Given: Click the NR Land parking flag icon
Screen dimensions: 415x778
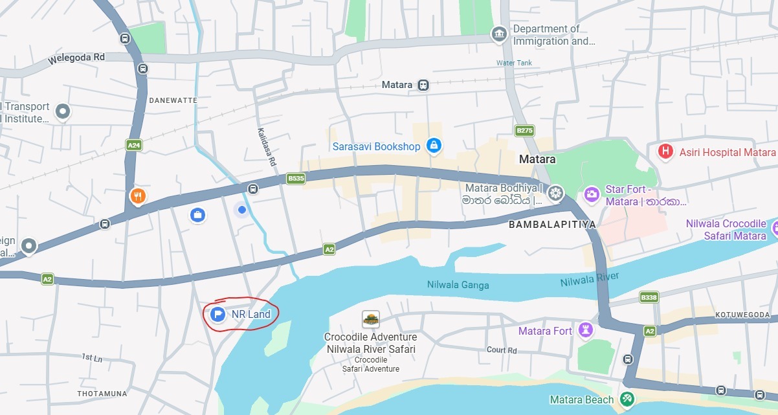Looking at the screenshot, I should pos(217,315).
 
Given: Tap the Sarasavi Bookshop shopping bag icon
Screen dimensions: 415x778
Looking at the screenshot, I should pos(434,146).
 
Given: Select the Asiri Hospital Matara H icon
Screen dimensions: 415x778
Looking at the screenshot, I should pos(665,152).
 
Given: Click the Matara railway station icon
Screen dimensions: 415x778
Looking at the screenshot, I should pos(423,85).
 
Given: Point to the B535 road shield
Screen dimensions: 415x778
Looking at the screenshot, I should pos(296,178).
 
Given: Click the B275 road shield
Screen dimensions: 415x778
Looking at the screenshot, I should pos(524,131).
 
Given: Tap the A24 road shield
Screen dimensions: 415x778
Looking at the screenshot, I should pos(134,146).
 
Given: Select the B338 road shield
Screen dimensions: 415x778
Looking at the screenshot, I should pos(649,297).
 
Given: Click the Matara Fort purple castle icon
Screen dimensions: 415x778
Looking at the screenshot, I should pos(586,331).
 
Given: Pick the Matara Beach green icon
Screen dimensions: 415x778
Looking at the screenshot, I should pos(627,399).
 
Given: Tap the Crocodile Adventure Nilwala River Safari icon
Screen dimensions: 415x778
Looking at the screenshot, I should pos(370,319).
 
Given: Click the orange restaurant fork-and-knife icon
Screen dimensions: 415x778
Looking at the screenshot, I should pos(137,196).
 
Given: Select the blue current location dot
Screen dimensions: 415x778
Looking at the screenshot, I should pos(241,210).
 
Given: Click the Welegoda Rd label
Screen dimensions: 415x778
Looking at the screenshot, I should pos(76,58).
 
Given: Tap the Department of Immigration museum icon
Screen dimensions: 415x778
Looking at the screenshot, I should pos(499,34).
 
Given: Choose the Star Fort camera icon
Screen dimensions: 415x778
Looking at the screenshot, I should pos(591,194).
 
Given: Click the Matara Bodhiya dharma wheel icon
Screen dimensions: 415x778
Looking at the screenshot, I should pos(555,193).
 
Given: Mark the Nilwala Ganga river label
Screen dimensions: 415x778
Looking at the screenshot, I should pos(458,285).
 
